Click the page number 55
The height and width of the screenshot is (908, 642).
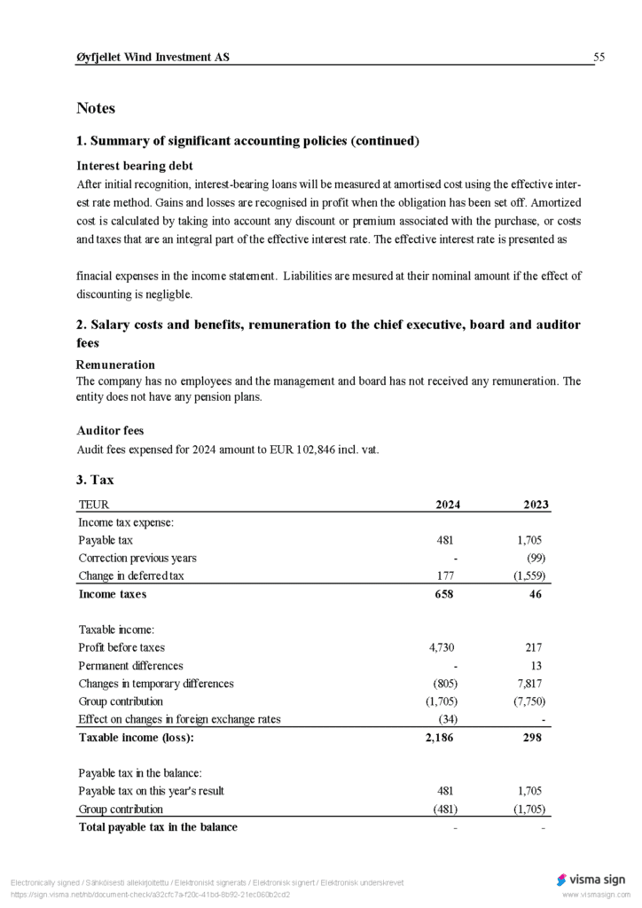[599, 58]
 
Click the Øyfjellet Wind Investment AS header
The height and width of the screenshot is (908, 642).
[153, 58]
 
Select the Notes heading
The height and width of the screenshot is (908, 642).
[96, 108]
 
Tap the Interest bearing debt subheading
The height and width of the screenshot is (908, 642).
[135, 166]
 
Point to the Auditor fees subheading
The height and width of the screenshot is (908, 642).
[110, 431]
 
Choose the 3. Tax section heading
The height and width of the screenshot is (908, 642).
[95, 480]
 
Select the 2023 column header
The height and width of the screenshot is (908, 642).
[536, 505]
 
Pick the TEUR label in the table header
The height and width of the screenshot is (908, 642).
[94, 505]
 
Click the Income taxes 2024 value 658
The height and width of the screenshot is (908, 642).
[443, 594]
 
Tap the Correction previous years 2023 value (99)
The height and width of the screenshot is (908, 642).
[536, 558]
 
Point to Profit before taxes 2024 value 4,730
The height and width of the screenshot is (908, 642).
[442, 647]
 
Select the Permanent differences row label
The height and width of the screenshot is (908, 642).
[130, 665]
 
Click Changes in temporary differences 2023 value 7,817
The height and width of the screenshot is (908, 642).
[532, 684]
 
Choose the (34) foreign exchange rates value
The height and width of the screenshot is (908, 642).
[447, 719]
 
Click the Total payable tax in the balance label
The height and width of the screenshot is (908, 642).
[158, 827]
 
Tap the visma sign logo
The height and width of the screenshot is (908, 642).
[591, 880]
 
